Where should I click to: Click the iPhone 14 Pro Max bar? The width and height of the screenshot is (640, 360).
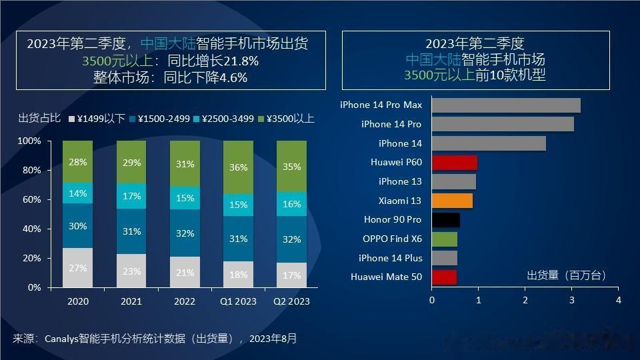[x=506, y=105]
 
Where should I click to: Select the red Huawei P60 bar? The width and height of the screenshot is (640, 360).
[x=455, y=163]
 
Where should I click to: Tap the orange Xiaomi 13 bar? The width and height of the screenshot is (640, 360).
[x=452, y=201]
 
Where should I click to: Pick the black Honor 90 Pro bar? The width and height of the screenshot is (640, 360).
[x=445, y=220]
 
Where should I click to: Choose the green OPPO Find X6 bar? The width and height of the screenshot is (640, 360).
[x=445, y=239]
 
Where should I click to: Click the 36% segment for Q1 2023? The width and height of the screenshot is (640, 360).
[x=238, y=168]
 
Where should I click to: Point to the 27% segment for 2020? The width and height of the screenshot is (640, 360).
[x=78, y=267]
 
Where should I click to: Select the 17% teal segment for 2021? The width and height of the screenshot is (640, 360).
[x=131, y=197]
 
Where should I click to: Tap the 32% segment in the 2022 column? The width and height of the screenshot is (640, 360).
[x=185, y=233]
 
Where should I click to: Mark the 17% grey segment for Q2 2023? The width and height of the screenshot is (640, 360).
[x=291, y=275]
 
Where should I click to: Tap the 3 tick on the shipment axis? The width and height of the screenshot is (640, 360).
[x=571, y=300]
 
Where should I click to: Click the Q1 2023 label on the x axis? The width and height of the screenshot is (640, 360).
[x=238, y=301]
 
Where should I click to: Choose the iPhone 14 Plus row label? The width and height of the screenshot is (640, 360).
[x=390, y=258]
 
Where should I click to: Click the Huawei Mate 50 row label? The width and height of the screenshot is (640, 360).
[x=386, y=277]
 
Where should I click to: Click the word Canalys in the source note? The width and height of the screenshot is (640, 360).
[x=65, y=339]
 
